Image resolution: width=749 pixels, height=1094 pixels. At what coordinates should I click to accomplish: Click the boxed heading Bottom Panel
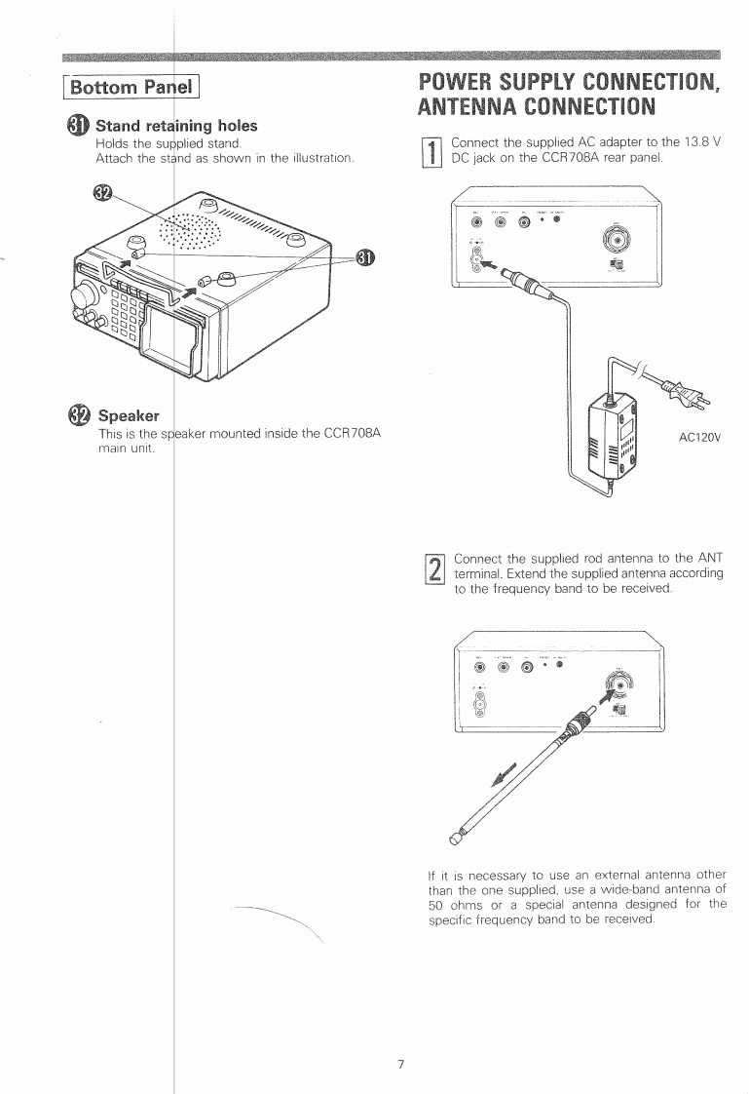[x=130, y=88]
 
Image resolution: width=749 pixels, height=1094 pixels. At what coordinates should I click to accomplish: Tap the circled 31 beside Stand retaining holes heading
[x=78, y=126]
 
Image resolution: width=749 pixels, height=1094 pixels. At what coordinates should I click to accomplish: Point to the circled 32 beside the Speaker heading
[x=78, y=415]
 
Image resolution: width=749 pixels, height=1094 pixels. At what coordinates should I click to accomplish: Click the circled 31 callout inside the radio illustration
[x=364, y=256]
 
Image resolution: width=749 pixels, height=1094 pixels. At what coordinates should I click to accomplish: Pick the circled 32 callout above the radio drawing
[x=100, y=191]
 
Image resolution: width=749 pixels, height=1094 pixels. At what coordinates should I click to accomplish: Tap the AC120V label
[x=699, y=437]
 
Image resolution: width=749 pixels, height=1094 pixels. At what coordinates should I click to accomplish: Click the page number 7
[x=400, y=1035]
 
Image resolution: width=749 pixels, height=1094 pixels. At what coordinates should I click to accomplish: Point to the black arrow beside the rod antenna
[x=506, y=773]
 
